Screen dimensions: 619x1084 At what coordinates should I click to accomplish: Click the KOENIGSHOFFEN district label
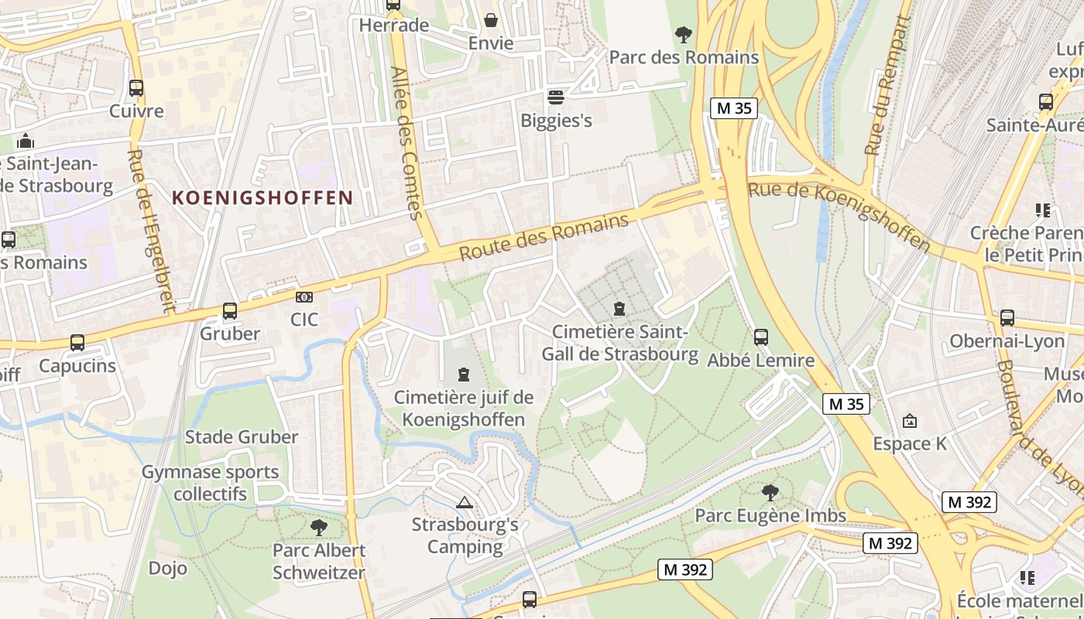tap(262, 197)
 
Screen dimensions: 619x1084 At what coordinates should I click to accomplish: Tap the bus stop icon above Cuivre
tap(136, 88)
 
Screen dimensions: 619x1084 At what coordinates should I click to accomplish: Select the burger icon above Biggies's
tap(556, 97)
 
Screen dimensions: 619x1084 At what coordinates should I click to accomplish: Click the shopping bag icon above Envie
tap(491, 19)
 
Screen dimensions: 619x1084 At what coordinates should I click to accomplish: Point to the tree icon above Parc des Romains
tap(683, 34)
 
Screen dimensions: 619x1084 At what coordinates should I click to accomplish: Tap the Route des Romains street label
tap(544, 238)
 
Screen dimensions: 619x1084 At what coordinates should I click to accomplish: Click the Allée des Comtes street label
tap(407, 143)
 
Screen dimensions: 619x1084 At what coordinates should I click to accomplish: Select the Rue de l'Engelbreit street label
tap(149, 231)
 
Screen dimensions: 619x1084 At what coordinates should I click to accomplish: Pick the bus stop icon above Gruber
tap(230, 311)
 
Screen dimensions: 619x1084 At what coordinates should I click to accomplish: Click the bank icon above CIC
tap(304, 297)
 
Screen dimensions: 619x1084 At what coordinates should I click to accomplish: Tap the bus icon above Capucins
tap(77, 343)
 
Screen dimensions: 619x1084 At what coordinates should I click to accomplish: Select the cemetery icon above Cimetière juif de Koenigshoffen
tap(464, 375)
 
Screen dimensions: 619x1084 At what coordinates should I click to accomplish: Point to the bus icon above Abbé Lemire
tap(761, 337)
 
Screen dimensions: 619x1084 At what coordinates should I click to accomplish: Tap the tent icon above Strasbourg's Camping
tap(464, 503)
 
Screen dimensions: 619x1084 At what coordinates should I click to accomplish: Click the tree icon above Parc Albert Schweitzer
tap(318, 528)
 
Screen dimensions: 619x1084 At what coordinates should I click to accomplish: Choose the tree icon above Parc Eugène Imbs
tap(770, 492)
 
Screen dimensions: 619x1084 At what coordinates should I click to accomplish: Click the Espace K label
tap(910, 443)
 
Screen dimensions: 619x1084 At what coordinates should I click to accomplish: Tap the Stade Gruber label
tap(241, 437)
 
